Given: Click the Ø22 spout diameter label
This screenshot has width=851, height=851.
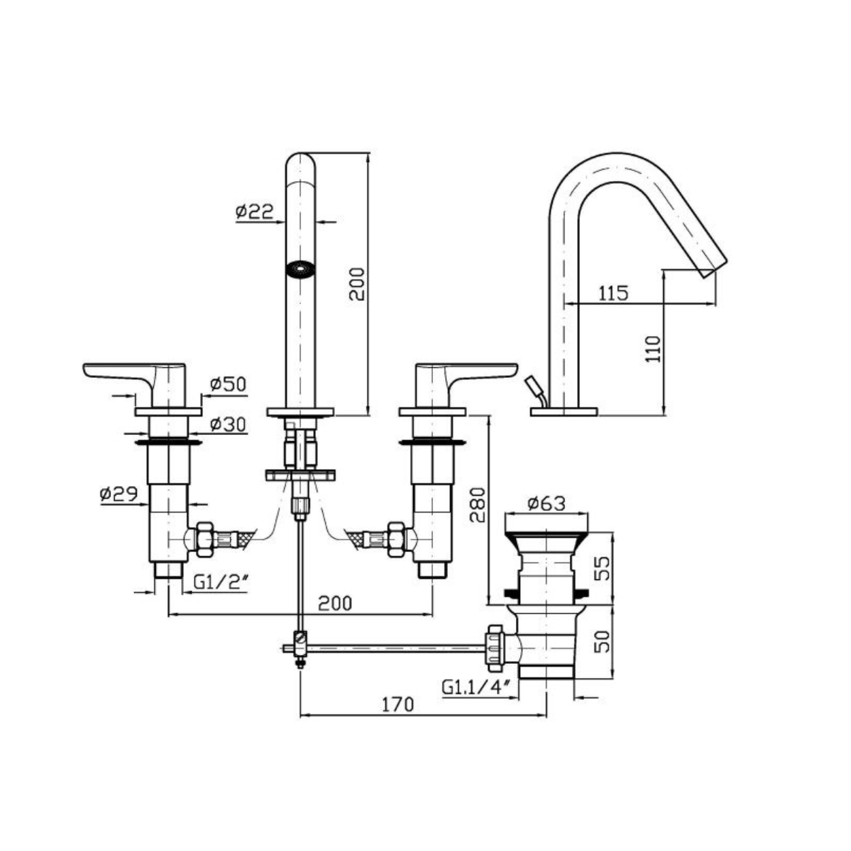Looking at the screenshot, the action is tap(255, 212).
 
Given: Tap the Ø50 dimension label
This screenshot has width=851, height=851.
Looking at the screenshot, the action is tap(228, 384).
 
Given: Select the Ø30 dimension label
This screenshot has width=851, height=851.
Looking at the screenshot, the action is tap(228, 424).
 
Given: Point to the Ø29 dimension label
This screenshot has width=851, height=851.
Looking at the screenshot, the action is tap(118, 494).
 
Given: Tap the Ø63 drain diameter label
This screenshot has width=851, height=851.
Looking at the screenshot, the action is tap(546, 503).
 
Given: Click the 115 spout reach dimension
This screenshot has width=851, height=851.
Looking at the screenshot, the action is tap(613, 293).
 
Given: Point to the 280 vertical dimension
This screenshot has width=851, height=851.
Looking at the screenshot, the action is tap(477, 504).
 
